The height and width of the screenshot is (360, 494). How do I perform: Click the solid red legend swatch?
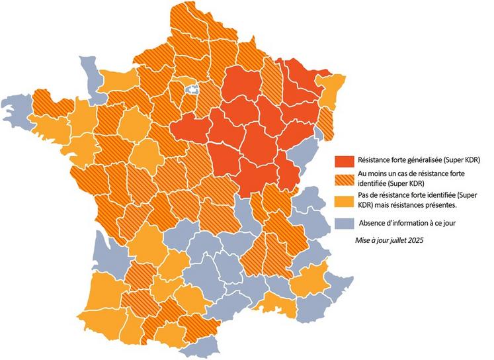pyautogui.click(x=343, y=160)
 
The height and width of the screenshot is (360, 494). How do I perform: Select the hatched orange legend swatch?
pyautogui.click(x=343, y=179)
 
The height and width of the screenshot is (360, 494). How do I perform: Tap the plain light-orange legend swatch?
pyautogui.click(x=343, y=201)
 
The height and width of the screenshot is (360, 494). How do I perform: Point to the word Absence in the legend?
pyautogui.click(x=372, y=223)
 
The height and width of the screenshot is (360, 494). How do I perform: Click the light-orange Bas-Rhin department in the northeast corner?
pyautogui.click(x=331, y=86)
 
